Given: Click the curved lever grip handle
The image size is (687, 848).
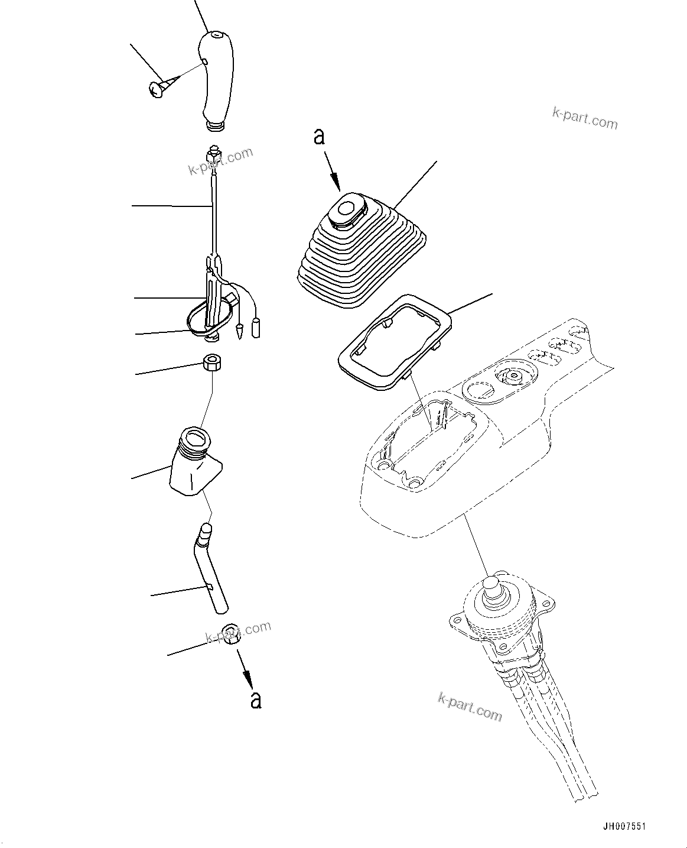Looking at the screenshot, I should click(216, 80).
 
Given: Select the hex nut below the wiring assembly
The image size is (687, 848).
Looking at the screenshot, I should click(211, 362).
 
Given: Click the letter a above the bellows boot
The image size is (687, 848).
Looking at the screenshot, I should click(319, 137).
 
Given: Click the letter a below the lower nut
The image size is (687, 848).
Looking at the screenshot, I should click(255, 699).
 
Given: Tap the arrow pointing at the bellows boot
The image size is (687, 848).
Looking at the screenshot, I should click(333, 176).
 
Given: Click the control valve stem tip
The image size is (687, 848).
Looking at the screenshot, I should click(491, 586).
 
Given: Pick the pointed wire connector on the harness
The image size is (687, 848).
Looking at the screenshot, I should click(240, 331).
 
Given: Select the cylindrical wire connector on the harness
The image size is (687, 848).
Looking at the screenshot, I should click(256, 328).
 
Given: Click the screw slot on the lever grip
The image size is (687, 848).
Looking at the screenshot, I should click(203, 62).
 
